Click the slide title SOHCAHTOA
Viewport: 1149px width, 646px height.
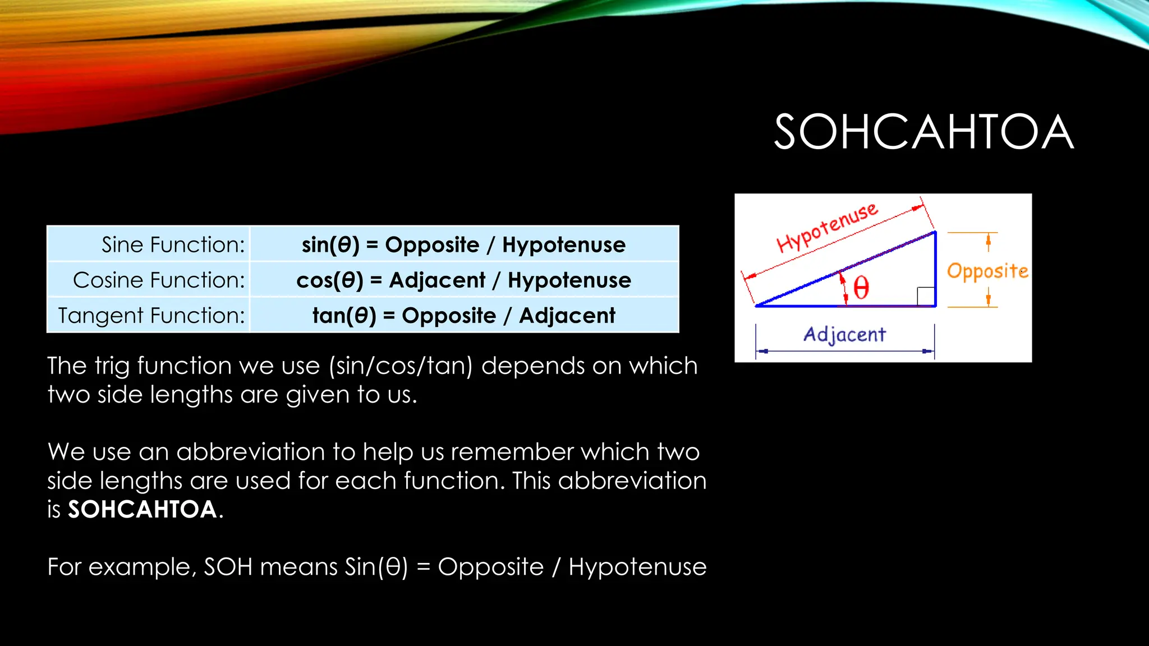[923, 132]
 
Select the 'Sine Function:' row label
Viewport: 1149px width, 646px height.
[173, 245]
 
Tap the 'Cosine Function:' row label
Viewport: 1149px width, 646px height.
[159, 280]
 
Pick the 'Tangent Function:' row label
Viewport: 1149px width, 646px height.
[151, 316]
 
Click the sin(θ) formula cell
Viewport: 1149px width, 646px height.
[463, 245]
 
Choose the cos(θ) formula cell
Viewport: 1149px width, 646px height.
[463, 280]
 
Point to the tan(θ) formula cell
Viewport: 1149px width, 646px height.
[463, 316]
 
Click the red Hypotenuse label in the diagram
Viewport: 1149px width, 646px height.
[827, 227]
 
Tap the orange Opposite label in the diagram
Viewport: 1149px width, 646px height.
[987, 271]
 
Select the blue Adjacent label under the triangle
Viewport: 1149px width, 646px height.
[844, 335]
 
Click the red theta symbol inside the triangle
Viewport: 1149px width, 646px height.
[861, 289]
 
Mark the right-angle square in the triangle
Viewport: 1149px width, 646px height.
[926, 296]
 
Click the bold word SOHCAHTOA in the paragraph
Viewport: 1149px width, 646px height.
[143, 510]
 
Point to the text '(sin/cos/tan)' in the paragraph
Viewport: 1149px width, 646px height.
[401, 366]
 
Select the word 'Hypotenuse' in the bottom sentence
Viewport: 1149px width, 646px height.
[637, 567]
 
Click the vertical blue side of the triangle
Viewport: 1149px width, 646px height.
[935, 269]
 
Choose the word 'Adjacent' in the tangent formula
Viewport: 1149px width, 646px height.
[567, 316]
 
